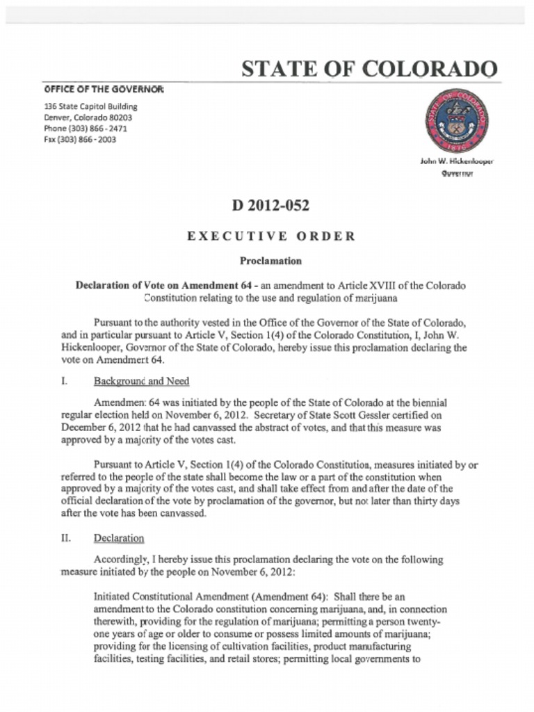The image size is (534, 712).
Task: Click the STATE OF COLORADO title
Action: (369, 69)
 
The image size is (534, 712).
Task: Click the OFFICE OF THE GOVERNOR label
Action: (104, 89)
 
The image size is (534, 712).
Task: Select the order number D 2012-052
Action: (270, 206)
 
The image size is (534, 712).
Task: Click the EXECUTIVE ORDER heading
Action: (270, 236)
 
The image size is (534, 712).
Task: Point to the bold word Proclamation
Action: (270, 261)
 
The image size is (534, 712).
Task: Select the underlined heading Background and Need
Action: (141, 381)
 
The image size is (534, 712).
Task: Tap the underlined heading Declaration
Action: (119, 538)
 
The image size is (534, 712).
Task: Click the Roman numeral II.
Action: (67, 538)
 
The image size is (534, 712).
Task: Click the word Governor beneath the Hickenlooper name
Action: (456, 174)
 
